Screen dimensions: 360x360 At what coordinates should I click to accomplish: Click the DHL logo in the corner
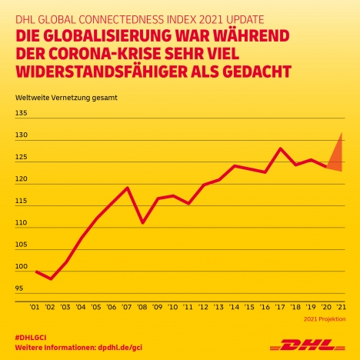point(307,345)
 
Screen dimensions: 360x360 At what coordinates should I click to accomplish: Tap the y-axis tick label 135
point(21,113)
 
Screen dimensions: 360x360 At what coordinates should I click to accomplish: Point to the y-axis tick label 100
point(22,266)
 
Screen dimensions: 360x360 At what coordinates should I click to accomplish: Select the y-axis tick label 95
point(19,288)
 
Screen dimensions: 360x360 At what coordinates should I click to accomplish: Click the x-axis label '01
point(35,307)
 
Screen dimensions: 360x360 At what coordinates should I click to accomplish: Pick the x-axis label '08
point(142,307)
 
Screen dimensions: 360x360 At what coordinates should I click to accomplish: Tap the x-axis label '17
point(280,307)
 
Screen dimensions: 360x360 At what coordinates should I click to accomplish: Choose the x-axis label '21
point(341,307)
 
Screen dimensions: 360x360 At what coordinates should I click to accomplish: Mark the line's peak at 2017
point(280,148)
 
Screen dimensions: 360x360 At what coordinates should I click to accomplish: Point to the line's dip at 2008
point(142,222)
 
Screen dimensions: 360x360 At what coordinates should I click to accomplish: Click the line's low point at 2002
point(51,278)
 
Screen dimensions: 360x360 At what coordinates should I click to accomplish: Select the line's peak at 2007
point(127,188)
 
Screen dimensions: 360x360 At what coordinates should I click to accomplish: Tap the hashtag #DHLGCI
point(31,338)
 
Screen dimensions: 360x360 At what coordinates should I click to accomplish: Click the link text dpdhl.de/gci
point(120,348)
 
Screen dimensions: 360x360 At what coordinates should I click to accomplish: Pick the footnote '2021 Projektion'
point(325,319)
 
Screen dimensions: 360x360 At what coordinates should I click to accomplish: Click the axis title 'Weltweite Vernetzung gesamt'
point(66,98)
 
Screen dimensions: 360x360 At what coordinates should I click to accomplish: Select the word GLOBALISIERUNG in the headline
point(108,36)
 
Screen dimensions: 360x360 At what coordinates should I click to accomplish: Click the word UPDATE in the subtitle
point(245,20)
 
